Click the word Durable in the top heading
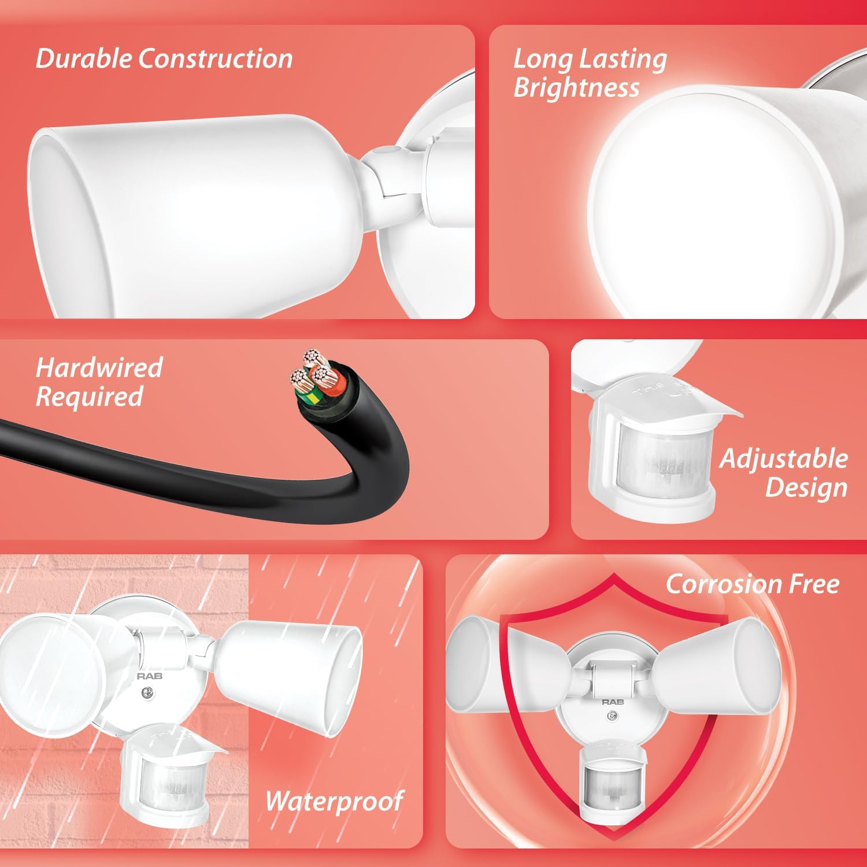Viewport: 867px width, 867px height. pyautogui.click(x=84, y=59)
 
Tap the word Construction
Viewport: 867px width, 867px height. pyautogui.click(x=216, y=59)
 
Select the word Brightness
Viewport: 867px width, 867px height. pyautogui.click(x=576, y=88)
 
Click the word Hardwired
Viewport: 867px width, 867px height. pyautogui.click(x=99, y=368)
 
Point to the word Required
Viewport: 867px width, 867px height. pyautogui.click(x=90, y=397)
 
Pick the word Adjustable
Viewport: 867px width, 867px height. pyautogui.click(x=784, y=459)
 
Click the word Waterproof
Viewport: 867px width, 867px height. pyautogui.click(x=334, y=801)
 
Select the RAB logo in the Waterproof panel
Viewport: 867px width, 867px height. pyautogui.click(x=149, y=676)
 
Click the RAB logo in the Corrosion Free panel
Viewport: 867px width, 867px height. pyautogui.click(x=612, y=702)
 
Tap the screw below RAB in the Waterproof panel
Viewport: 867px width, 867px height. pyautogui.click(x=148, y=692)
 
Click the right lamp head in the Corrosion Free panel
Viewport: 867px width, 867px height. pyautogui.click(x=718, y=670)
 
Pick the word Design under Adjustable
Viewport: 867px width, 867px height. pyautogui.click(x=806, y=487)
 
